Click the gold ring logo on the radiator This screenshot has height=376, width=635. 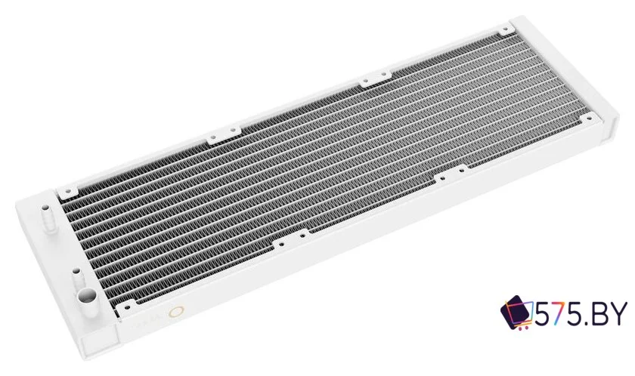(178, 312)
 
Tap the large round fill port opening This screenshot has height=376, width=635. (88, 294)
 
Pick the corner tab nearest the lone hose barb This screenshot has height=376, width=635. (67, 191)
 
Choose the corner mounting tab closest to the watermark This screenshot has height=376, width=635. (588, 118)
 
